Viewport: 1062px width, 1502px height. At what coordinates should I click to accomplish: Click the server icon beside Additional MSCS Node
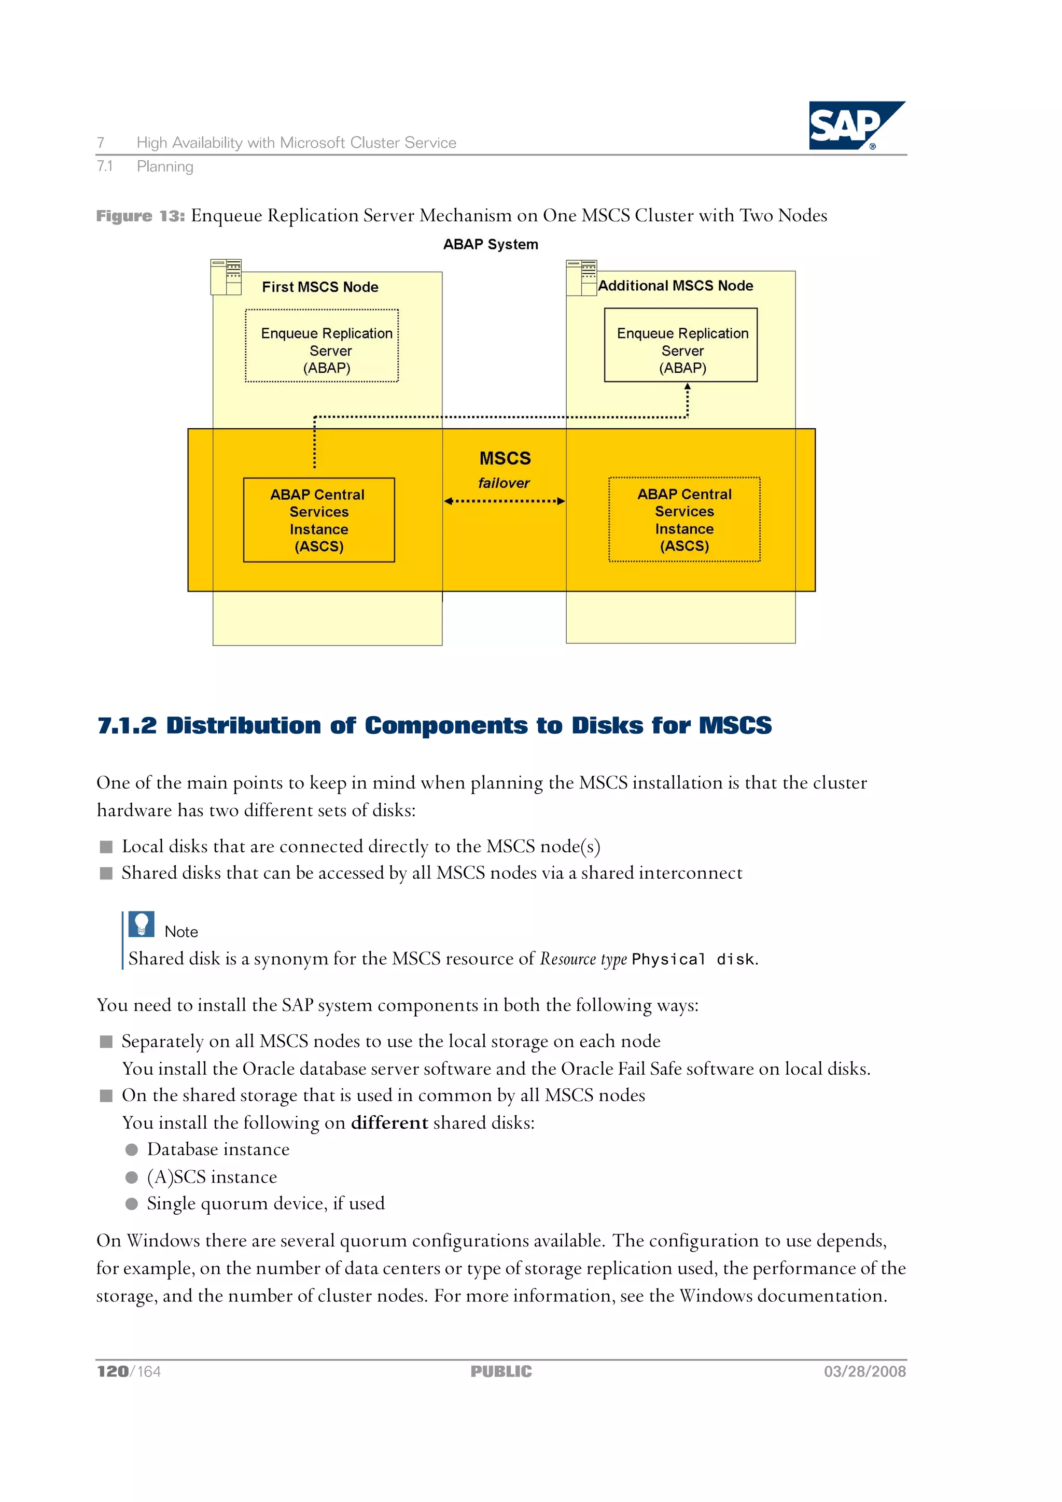click(581, 277)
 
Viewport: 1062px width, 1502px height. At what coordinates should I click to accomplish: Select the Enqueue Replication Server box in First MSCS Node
click(322, 345)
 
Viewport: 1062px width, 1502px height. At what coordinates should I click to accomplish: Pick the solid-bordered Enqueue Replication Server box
click(680, 345)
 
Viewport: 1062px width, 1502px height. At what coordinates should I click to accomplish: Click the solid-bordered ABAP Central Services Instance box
click(319, 520)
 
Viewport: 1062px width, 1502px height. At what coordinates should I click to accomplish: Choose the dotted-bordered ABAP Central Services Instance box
click(684, 519)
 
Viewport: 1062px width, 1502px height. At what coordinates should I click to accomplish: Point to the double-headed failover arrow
click(504, 501)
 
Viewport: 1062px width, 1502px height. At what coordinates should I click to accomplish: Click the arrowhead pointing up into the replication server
click(687, 387)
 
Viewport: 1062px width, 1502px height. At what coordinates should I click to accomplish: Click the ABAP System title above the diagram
click(490, 244)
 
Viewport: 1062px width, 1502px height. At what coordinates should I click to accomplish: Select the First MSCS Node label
click(320, 287)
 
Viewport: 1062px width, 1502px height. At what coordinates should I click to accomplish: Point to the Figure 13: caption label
click(140, 216)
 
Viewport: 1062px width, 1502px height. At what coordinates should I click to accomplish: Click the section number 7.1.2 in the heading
click(127, 725)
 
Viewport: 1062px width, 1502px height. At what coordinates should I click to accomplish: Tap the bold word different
click(389, 1122)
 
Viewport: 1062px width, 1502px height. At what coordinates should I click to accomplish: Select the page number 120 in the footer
click(113, 1371)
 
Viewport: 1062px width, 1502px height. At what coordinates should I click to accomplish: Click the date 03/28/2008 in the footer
click(864, 1371)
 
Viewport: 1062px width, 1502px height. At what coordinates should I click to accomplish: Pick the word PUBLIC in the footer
click(501, 1371)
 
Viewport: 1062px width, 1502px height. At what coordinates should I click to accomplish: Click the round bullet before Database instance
click(132, 1149)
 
